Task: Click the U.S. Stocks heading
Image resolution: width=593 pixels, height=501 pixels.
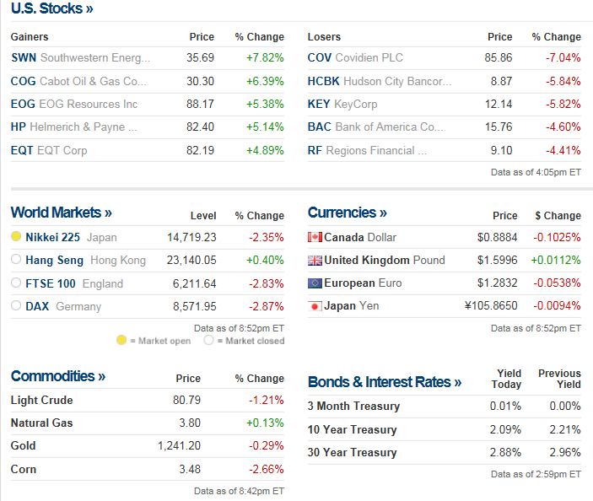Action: coord(51,8)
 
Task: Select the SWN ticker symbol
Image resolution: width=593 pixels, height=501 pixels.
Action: coord(24,58)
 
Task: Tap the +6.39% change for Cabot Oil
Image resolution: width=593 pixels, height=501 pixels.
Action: coord(265,81)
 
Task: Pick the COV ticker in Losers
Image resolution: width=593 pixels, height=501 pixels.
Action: coord(320,58)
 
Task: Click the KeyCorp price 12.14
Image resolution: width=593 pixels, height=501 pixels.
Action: coord(499,104)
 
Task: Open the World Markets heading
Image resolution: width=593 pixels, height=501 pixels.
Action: coord(61,213)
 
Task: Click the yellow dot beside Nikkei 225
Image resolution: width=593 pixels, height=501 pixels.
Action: coord(16,237)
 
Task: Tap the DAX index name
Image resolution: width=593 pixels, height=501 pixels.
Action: coord(37,306)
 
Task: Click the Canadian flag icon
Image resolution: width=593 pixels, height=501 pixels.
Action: coord(315,237)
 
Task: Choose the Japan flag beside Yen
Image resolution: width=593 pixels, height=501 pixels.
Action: coord(315,306)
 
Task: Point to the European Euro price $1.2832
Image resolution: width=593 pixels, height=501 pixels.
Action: coord(498,283)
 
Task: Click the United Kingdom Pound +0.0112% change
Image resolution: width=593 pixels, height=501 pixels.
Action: coord(556,260)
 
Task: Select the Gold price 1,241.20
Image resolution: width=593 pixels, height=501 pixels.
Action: coord(179,445)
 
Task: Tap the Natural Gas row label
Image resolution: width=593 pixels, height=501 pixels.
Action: coord(41,423)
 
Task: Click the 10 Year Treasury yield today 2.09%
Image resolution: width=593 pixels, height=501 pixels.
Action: coord(505,429)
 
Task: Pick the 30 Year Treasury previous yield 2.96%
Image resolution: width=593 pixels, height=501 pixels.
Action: coord(564,452)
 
